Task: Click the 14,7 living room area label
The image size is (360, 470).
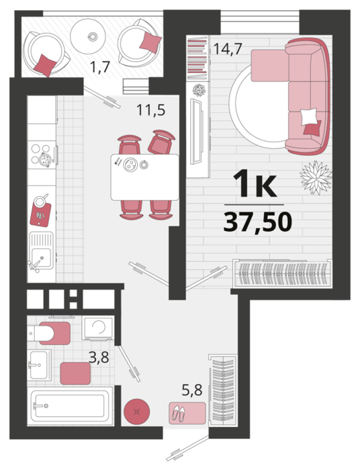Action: pos(228,49)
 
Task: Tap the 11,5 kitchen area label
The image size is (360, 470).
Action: pos(150,109)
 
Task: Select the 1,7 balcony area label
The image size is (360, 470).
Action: pos(101,67)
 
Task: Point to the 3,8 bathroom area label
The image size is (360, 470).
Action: pos(99,357)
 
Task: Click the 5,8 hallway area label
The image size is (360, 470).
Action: pos(192,390)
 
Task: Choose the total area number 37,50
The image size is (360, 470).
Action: pos(258,222)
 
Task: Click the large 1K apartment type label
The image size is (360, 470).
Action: pos(255,183)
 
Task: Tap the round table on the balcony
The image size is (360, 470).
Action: pos(88,36)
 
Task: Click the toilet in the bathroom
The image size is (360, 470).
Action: pos(49,333)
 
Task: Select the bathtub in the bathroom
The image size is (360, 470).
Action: pos(70,406)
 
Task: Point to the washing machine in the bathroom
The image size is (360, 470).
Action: pos(98,328)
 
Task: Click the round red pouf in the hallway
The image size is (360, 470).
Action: pos(137,411)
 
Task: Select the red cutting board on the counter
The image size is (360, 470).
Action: pos(40,215)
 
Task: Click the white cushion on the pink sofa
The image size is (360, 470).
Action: pos(309,117)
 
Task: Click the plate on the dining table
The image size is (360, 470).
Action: pos(131,164)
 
